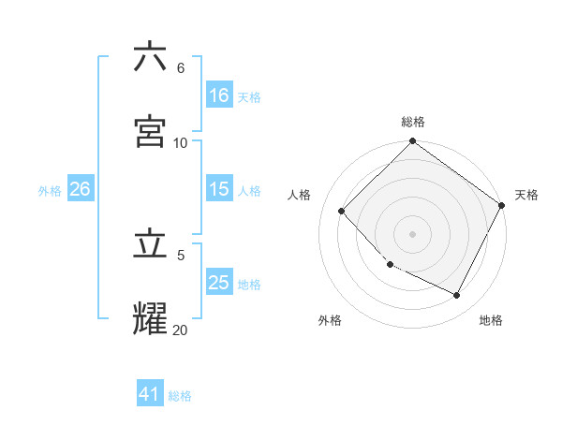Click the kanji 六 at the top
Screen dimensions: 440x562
click(151, 57)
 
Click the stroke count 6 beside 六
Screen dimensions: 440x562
click(180, 68)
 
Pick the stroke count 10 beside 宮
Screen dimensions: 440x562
click(181, 142)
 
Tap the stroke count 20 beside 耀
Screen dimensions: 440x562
click(181, 330)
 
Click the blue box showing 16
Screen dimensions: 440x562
click(218, 95)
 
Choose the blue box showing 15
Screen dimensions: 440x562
click(218, 189)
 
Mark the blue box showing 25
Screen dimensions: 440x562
click(218, 283)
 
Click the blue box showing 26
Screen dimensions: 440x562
click(80, 189)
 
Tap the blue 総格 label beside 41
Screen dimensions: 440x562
click(180, 396)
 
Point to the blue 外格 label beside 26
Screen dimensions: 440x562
click(50, 190)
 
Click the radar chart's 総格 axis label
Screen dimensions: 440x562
click(413, 122)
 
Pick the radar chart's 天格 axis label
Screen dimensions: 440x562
click(526, 195)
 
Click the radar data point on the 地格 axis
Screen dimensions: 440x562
click(457, 296)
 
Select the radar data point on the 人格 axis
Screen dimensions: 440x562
click(342, 211)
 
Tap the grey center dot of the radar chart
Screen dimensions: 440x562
click(413, 233)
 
